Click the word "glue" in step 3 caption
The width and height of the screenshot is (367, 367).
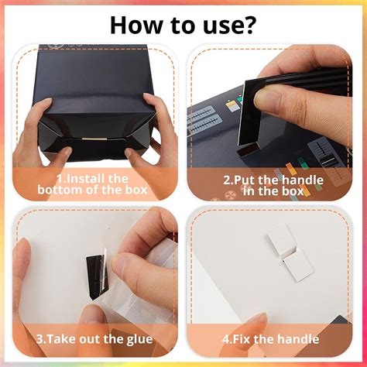(x=139, y=339)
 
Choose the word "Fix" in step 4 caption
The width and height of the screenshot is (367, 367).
(x=242, y=339)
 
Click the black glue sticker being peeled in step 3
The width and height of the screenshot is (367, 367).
(x=97, y=276)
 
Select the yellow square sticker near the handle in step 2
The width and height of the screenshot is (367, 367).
(x=232, y=106)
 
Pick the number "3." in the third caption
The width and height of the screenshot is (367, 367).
(x=40, y=339)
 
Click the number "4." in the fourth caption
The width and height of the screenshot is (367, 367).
(x=228, y=339)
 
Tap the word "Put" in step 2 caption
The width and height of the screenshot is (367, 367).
(x=245, y=180)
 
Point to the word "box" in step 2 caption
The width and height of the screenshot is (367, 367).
(x=293, y=191)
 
